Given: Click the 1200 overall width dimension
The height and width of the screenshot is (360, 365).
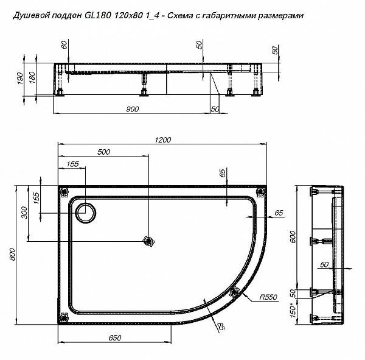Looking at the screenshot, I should point(163,139).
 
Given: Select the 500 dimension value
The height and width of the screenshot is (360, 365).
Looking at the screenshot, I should point(104,152).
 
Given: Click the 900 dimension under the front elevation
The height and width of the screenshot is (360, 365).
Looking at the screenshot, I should point(133,109).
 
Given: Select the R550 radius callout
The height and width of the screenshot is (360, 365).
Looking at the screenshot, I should point(266,297).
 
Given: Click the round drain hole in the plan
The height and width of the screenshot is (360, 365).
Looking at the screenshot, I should point(85,211).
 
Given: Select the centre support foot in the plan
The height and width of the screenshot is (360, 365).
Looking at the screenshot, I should point(146,241).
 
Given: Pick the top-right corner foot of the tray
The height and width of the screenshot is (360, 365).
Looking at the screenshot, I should point(260,192).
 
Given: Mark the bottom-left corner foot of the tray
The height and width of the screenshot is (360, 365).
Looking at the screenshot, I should point(64,317).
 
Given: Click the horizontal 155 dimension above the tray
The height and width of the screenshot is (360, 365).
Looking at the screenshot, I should point(72,164).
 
